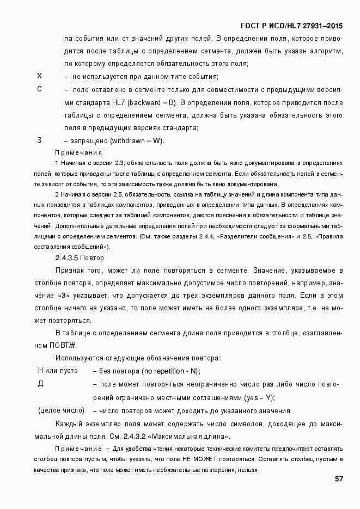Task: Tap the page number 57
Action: (338, 479)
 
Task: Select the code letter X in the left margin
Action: (39, 76)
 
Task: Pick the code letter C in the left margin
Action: (39, 89)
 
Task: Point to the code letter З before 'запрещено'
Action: (39, 140)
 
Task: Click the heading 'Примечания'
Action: (78, 152)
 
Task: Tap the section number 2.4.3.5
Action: (67, 257)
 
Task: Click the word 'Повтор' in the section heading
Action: (92, 257)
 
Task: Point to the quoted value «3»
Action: (63, 295)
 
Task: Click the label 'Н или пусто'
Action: (58, 371)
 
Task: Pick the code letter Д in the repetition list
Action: (40, 384)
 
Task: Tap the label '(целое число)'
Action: (61, 410)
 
